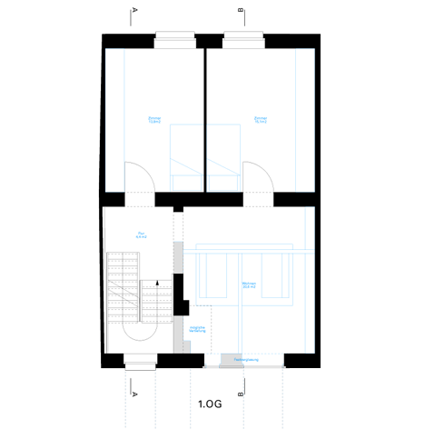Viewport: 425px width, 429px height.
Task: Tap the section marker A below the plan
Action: click(134, 395)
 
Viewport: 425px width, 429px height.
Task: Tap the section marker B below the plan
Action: click(241, 395)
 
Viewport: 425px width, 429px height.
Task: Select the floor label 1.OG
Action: click(209, 402)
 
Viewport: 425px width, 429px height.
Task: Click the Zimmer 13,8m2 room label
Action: click(153, 120)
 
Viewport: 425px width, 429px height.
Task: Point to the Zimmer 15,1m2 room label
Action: click(261, 120)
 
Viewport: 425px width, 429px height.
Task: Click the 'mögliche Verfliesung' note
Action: click(197, 330)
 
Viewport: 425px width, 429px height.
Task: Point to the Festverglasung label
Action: click(246, 361)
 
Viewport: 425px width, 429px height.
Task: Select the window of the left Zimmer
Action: click(174, 38)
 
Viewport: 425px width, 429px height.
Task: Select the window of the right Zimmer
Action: click(243, 38)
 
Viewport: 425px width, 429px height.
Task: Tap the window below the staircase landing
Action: click(141, 362)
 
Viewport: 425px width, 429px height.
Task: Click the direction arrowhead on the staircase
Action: click(158, 284)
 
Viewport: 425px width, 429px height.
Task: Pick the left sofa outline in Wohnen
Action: click(214, 274)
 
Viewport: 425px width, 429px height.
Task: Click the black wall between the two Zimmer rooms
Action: click(204, 118)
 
